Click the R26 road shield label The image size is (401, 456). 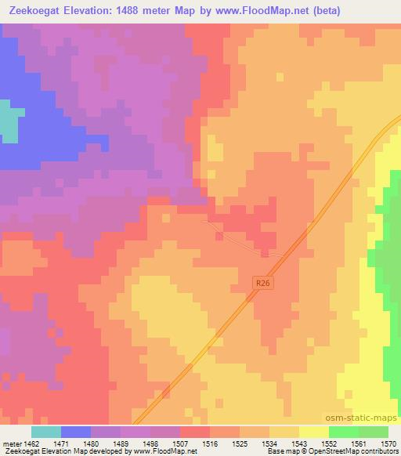263,282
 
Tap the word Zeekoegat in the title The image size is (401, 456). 35,10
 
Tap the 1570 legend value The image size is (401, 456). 388,443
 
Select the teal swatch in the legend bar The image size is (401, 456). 46,432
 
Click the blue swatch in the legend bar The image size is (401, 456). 76,432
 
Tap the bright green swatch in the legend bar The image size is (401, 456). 344,432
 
